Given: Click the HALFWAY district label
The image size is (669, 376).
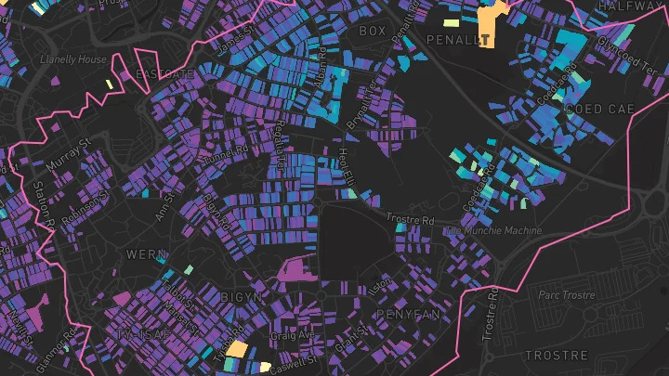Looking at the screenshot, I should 627,6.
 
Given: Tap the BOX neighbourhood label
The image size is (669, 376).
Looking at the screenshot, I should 372,31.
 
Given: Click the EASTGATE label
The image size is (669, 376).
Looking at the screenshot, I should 164,73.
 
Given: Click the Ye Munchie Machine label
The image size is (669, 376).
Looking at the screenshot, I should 494,230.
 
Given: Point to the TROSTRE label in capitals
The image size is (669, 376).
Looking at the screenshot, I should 557,356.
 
